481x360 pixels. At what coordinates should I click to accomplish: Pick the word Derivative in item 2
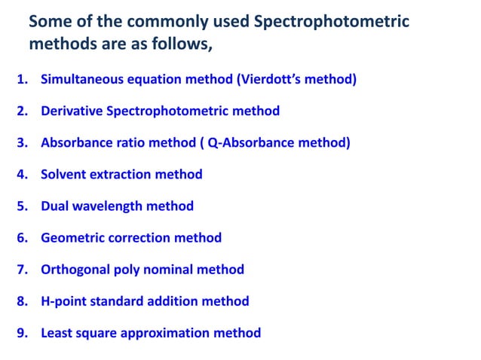(x=72, y=111)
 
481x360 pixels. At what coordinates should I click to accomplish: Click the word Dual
(x=55, y=206)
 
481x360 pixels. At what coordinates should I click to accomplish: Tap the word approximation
(x=170, y=333)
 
